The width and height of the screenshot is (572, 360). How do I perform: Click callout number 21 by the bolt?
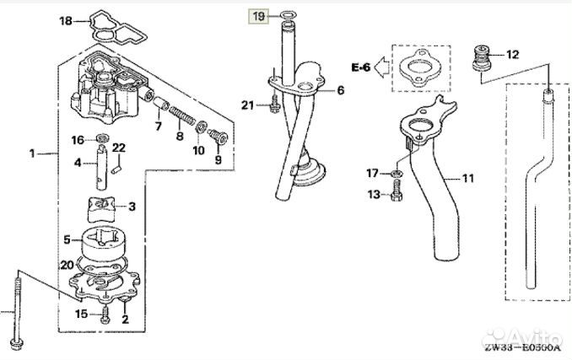click(x=246, y=105)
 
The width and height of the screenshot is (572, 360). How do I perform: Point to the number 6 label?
click(x=341, y=90)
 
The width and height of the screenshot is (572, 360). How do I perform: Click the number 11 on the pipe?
click(x=468, y=179)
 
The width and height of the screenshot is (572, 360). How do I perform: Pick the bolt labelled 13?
click(x=395, y=195)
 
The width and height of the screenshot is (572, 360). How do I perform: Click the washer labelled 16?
click(x=103, y=139)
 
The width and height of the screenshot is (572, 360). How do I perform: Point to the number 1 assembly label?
click(x=31, y=153)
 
